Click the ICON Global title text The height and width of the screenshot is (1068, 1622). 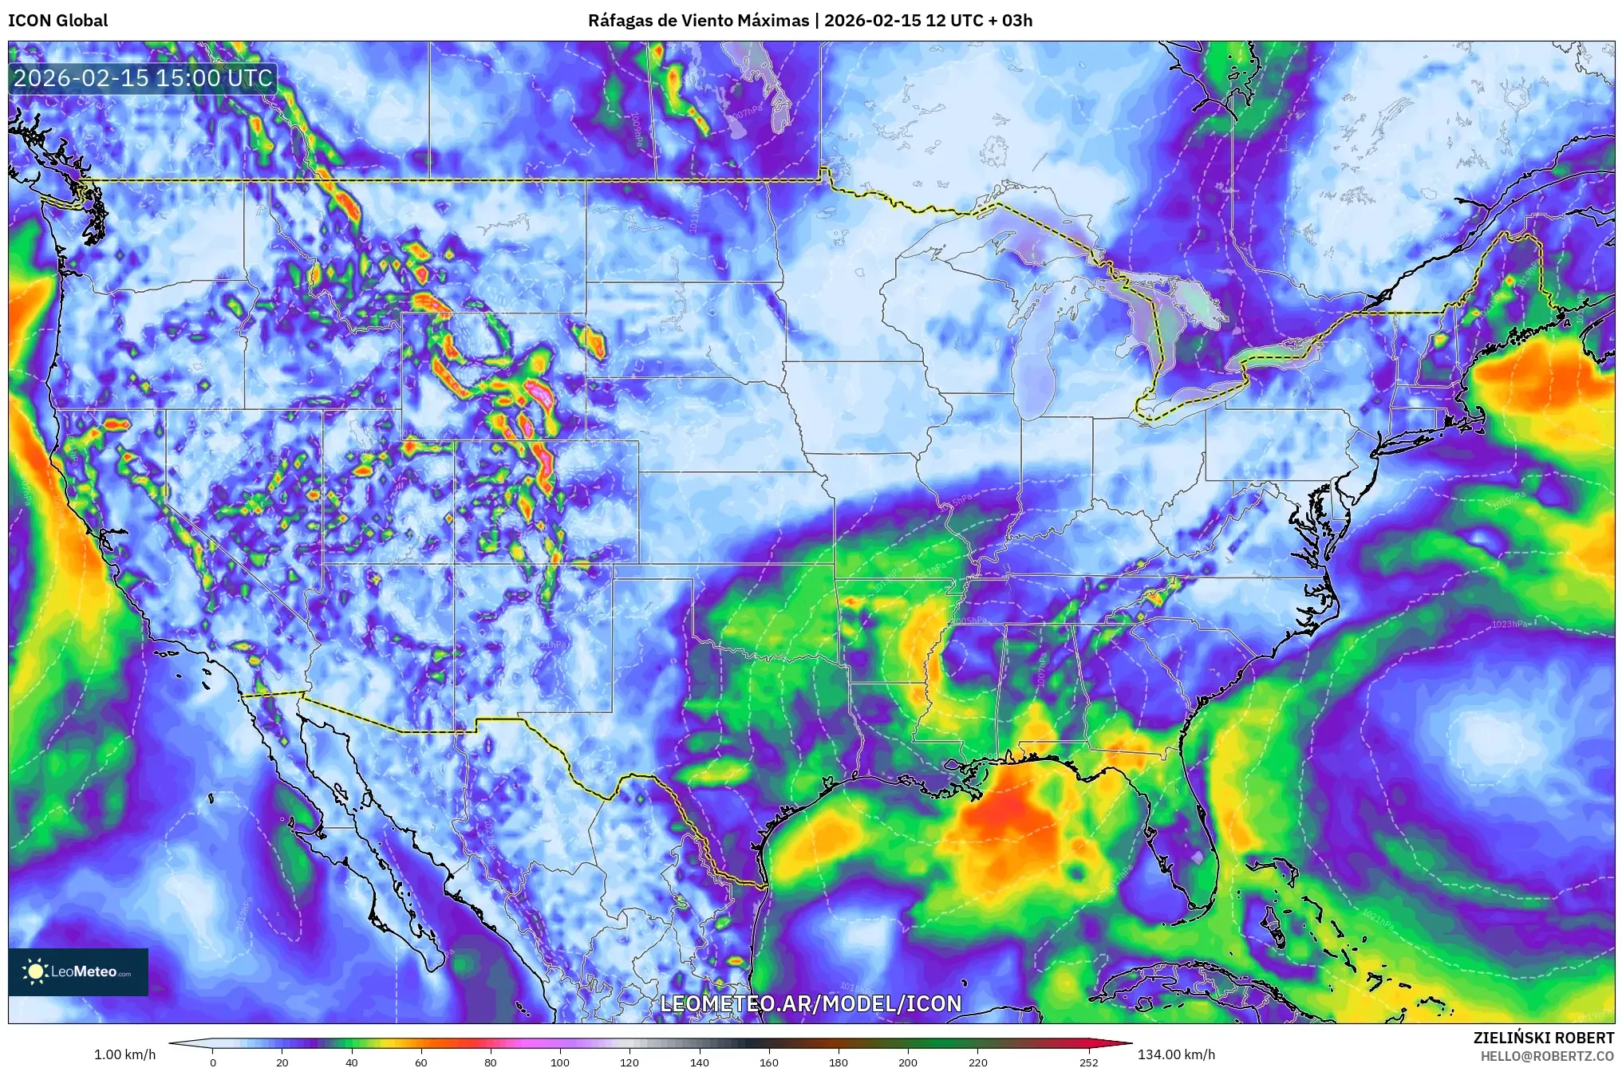pos(57,21)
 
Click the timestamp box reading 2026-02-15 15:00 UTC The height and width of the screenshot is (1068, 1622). pos(143,78)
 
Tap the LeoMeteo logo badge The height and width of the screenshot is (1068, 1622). pos(78,971)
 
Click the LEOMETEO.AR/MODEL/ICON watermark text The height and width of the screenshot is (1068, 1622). pos(811,1003)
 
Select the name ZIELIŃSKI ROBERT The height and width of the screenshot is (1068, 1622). pos(1543,1038)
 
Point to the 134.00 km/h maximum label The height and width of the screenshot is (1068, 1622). pos(1176,1054)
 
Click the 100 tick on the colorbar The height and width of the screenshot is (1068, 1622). pos(560,1062)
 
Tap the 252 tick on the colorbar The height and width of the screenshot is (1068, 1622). pos(1089,1062)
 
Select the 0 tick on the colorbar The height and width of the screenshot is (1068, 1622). pos(213,1062)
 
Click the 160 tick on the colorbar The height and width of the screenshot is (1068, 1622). pos(769,1062)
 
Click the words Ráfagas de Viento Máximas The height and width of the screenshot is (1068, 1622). pos(698,21)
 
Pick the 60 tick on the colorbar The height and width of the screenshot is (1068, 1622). pos(421,1062)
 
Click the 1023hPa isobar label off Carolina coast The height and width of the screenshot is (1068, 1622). pos(1510,624)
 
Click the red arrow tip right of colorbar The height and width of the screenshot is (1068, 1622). pos(1127,1043)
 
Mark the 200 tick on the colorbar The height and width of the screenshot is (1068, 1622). pos(908,1062)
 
